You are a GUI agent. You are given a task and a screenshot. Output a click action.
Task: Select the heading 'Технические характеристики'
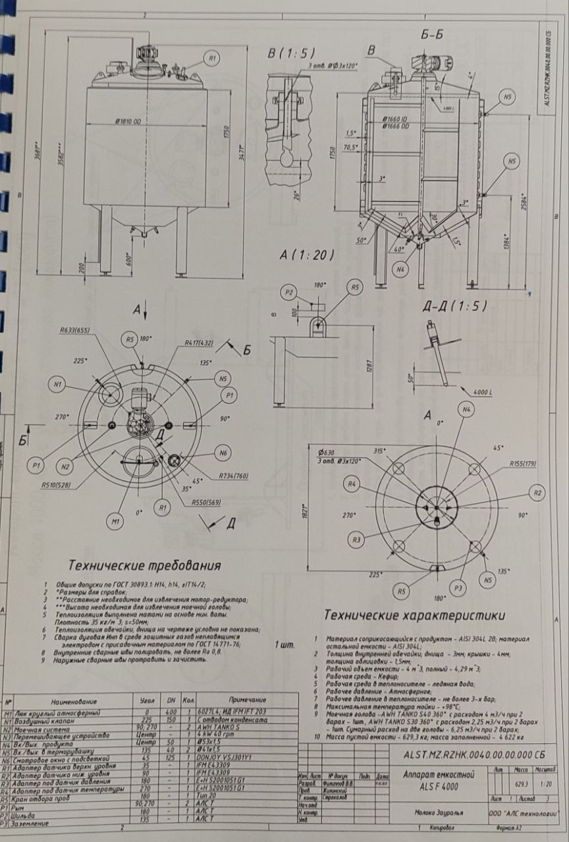pyautogui.click(x=415, y=616)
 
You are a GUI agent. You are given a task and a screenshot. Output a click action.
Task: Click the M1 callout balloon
pyautogui.click(x=115, y=522)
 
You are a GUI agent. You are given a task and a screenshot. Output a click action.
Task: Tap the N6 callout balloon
pyautogui.click(x=223, y=453)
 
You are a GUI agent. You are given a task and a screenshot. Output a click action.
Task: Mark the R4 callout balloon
pyautogui.click(x=354, y=484)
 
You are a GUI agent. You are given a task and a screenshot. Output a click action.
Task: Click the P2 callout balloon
pyautogui.click(x=288, y=292)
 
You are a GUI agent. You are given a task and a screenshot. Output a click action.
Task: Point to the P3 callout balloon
pyautogui.click(x=460, y=587)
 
